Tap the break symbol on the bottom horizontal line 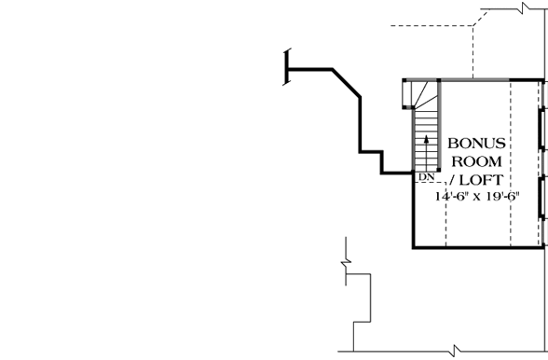(x=454, y=351)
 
